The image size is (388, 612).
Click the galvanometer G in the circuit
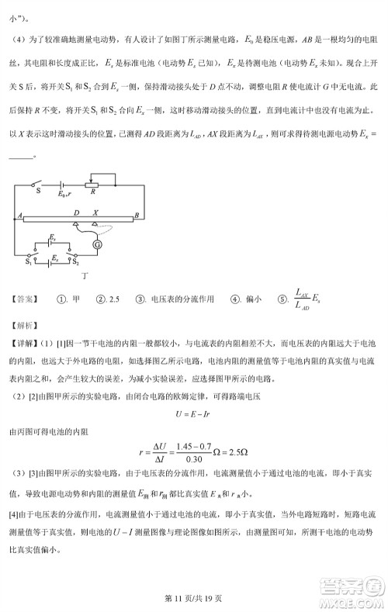(98, 244)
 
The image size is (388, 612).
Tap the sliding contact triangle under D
(76, 224)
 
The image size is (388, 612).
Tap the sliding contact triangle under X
(94, 224)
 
